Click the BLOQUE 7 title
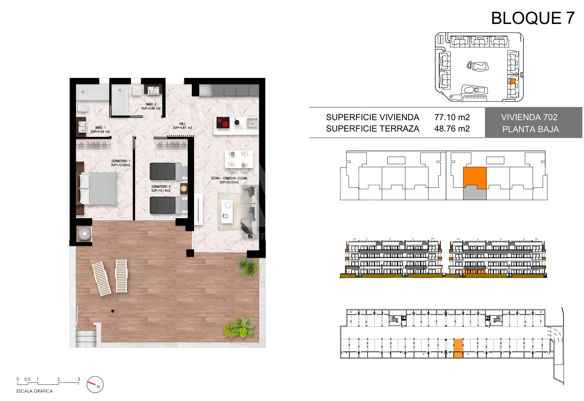(x=533, y=18)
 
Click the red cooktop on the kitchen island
(x=223, y=122)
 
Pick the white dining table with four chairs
(x=239, y=160)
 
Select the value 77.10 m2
(x=452, y=117)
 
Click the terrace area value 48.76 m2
(x=452, y=129)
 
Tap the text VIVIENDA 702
(x=529, y=117)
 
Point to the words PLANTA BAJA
(x=531, y=129)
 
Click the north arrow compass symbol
(x=95, y=384)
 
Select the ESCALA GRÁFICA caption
(x=35, y=391)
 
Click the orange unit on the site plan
(x=512, y=82)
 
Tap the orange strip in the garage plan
(x=458, y=348)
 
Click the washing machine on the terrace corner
(x=85, y=234)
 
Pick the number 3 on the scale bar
(x=79, y=379)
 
